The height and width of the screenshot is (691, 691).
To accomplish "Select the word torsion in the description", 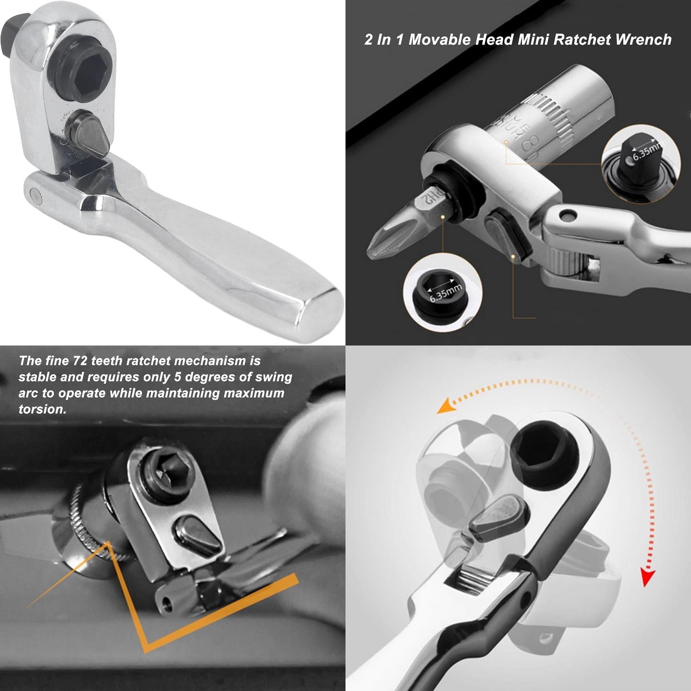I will (x=41, y=409).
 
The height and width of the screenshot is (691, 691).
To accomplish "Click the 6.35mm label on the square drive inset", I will (x=647, y=150).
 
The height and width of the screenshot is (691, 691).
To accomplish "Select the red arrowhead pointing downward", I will (x=648, y=577).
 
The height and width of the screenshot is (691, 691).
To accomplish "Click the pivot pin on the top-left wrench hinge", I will (x=34, y=194).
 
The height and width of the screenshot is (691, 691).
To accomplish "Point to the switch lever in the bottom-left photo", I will (x=199, y=535).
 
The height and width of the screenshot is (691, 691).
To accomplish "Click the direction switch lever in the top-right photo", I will (x=507, y=235).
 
